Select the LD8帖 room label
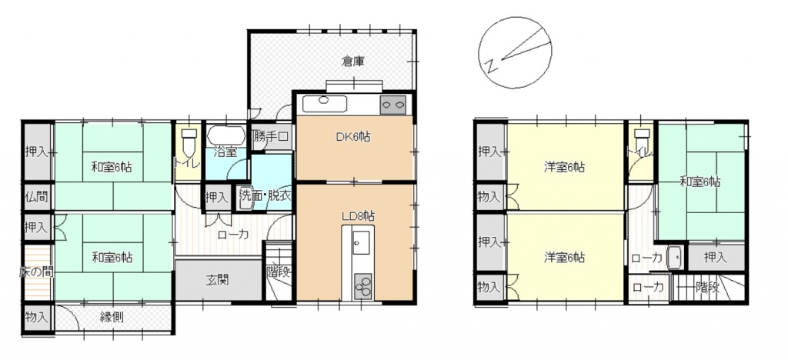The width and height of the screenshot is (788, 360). coord(357,216)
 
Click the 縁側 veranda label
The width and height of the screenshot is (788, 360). coord(112,317)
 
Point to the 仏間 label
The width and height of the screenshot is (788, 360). coord(37,196)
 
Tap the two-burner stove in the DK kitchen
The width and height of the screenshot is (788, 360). coord(393,105)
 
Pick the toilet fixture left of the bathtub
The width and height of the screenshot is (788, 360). coord(189,142)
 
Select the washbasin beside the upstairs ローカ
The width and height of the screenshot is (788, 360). coord(674,258)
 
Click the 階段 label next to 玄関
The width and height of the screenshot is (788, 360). coord(279,272)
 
